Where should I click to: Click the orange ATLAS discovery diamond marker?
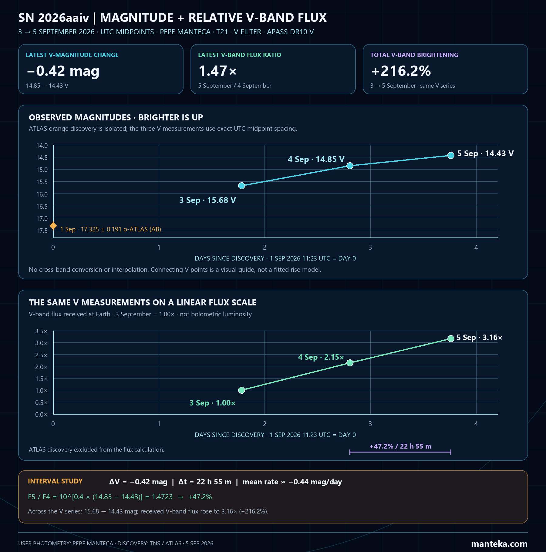53,226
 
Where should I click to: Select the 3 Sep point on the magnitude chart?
241,186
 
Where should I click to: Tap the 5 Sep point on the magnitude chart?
451,155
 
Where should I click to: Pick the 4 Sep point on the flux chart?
350,363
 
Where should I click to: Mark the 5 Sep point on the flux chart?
451,338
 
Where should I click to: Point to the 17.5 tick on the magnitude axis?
42,231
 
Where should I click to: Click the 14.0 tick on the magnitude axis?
42,146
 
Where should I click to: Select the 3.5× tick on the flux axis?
41,331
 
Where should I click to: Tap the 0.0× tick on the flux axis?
41,415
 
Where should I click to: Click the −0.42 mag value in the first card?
63,71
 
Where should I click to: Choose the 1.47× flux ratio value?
217,71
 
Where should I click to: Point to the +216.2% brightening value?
401,71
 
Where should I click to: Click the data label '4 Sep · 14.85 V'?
316,159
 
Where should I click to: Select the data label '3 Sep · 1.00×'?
212,403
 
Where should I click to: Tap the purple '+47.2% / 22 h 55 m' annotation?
400,446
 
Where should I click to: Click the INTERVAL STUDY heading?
55,481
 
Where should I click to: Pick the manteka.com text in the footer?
499,544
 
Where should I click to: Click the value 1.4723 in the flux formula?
162,497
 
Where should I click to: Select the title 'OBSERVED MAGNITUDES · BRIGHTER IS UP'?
116,117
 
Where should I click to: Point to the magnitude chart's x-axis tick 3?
370,247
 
